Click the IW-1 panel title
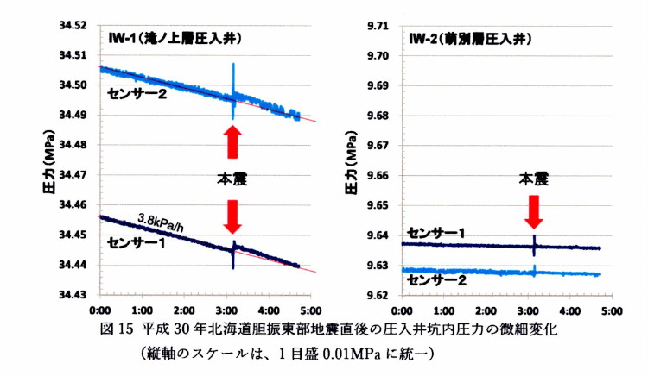(x=174, y=39)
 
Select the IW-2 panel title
(x=467, y=39)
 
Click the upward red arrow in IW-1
(x=232, y=142)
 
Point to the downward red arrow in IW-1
(x=232, y=216)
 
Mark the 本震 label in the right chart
(x=534, y=179)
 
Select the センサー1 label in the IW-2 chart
(x=435, y=233)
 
